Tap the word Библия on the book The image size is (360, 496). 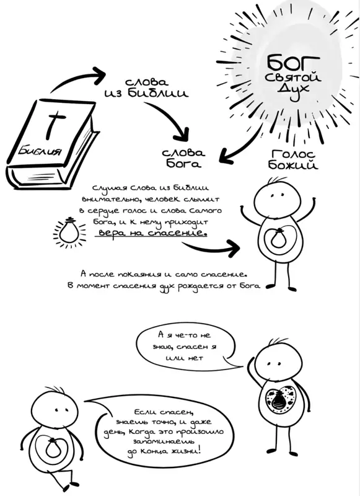click(x=40, y=151)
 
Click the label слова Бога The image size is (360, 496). click(x=183, y=158)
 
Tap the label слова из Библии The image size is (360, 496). click(x=146, y=88)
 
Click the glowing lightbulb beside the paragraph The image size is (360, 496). click(x=69, y=232)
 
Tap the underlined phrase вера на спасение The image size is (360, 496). click(x=152, y=233)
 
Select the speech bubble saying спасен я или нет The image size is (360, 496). click(x=187, y=347)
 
